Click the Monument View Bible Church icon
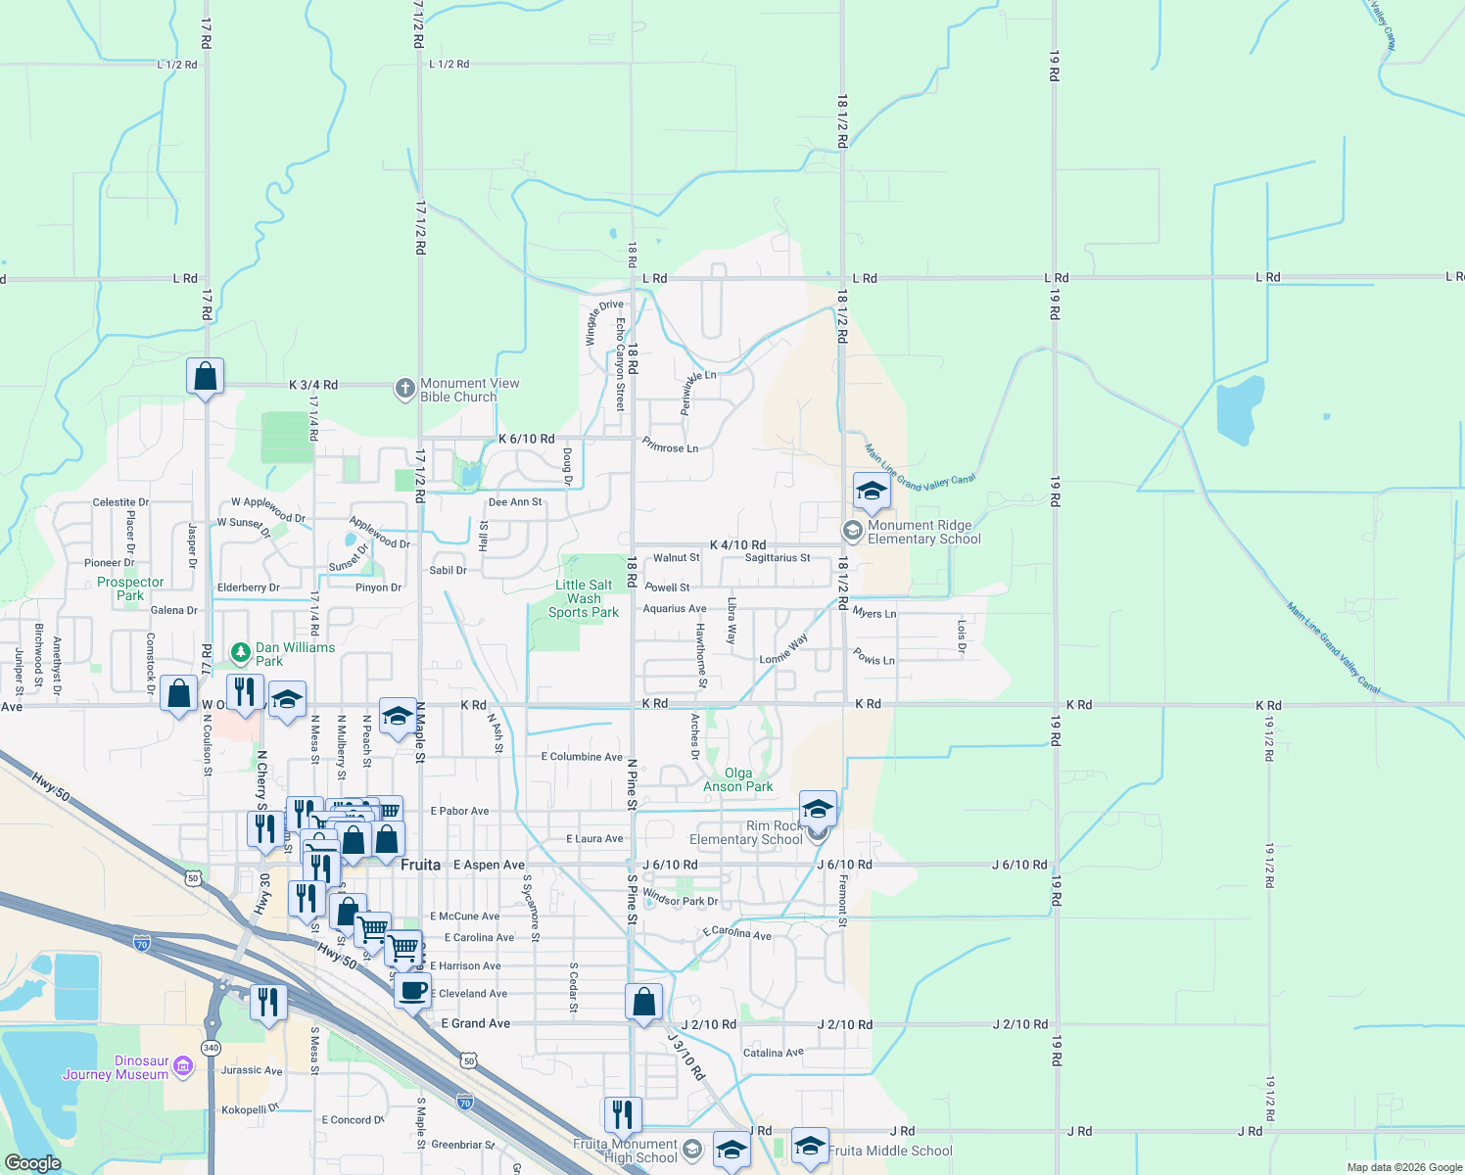tap(404, 390)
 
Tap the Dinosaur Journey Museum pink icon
tap(182, 1064)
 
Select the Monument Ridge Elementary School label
tap(923, 533)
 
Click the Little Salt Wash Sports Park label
tap(584, 598)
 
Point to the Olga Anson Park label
tap(738, 779)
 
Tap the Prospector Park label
tap(130, 588)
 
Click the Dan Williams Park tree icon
tap(240, 652)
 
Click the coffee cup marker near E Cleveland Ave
tap(412, 990)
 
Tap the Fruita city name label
tap(421, 865)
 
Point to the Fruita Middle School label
tap(890, 1151)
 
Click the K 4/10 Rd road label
tap(737, 544)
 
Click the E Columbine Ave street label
tap(582, 757)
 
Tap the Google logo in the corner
tap(32, 1163)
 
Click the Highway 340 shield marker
tap(211, 1048)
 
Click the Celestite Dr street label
tap(120, 502)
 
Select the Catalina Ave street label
tap(773, 1054)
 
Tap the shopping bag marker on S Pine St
tap(643, 1003)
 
